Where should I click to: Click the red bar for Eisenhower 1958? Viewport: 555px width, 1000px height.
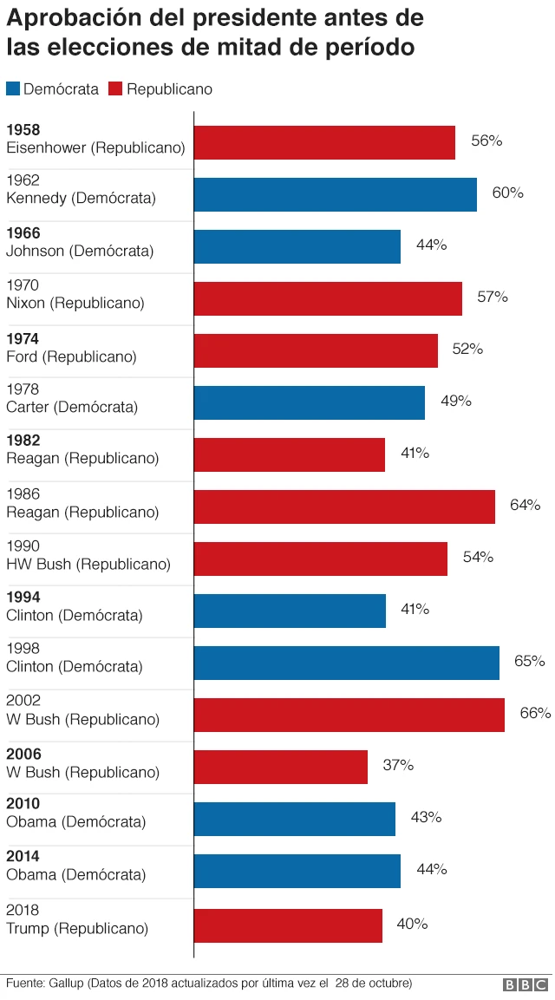click(x=324, y=142)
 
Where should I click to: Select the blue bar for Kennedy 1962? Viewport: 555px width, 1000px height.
click(x=335, y=194)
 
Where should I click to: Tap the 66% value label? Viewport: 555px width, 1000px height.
click(x=535, y=713)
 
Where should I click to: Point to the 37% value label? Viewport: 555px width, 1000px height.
click(x=398, y=765)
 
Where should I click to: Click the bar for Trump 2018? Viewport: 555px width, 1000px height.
click(x=288, y=925)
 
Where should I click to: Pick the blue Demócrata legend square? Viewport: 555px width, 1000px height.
click(x=13, y=88)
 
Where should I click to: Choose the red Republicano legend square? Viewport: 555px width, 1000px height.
click(x=116, y=88)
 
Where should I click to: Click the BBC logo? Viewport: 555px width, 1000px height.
click(x=526, y=984)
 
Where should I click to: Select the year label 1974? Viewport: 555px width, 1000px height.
click(x=23, y=339)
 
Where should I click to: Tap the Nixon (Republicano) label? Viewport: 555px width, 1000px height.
click(x=75, y=304)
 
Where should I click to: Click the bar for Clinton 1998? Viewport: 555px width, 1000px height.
click(x=346, y=663)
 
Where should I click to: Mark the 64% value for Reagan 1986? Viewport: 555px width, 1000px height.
click(x=525, y=505)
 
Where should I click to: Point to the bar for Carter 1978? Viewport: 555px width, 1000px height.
click(x=309, y=402)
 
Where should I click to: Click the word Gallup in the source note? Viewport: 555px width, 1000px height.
click(x=69, y=984)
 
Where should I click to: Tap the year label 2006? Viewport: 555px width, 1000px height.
click(x=23, y=755)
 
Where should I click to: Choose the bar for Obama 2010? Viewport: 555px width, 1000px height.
click(x=294, y=819)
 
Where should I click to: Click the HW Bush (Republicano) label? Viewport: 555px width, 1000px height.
click(x=88, y=564)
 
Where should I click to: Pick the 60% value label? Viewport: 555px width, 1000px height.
click(x=507, y=193)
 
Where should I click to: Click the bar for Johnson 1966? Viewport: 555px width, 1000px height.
click(x=297, y=246)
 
